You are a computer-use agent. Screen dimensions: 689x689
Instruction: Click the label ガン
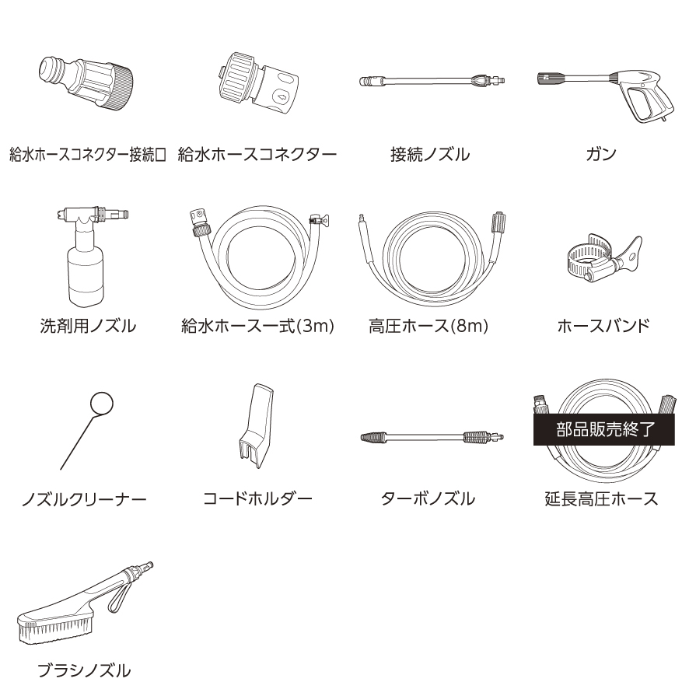click(601, 154)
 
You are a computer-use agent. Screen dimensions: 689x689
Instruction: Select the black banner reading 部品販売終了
click(601, 430)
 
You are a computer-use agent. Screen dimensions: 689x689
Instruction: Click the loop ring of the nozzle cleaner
click(102, 404)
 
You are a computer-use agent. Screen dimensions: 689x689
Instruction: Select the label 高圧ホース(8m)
click(428, 326)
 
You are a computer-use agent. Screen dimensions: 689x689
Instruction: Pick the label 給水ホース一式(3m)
click(257, 326)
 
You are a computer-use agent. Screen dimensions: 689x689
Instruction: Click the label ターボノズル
click(428, 498)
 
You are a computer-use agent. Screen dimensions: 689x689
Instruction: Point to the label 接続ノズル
click(429, 154)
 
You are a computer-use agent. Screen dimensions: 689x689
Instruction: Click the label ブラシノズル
click(85, 670)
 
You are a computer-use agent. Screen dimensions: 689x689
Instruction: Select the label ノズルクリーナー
click(85, 498)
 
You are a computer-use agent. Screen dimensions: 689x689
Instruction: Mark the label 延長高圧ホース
click(601, 498)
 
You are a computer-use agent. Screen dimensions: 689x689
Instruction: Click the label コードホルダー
click(257, 498)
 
